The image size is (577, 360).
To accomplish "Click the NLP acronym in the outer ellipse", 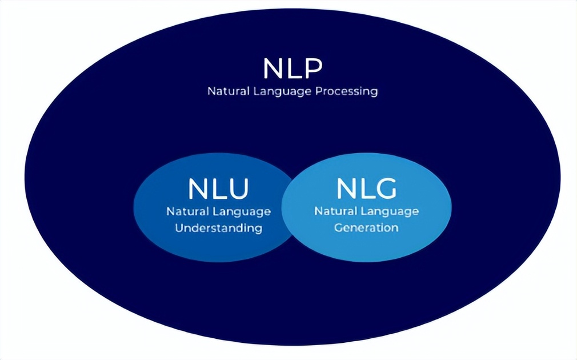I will (292, 68).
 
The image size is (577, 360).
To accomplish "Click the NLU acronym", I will (218, 189).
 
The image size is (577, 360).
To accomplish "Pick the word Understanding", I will (218, 228).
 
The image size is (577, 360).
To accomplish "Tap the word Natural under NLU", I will (187, 211).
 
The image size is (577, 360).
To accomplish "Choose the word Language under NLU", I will (242, 212).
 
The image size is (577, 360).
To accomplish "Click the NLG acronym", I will (366, 189).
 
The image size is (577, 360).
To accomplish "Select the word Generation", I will (366, 227).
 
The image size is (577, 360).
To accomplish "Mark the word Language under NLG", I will (390, 211).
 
